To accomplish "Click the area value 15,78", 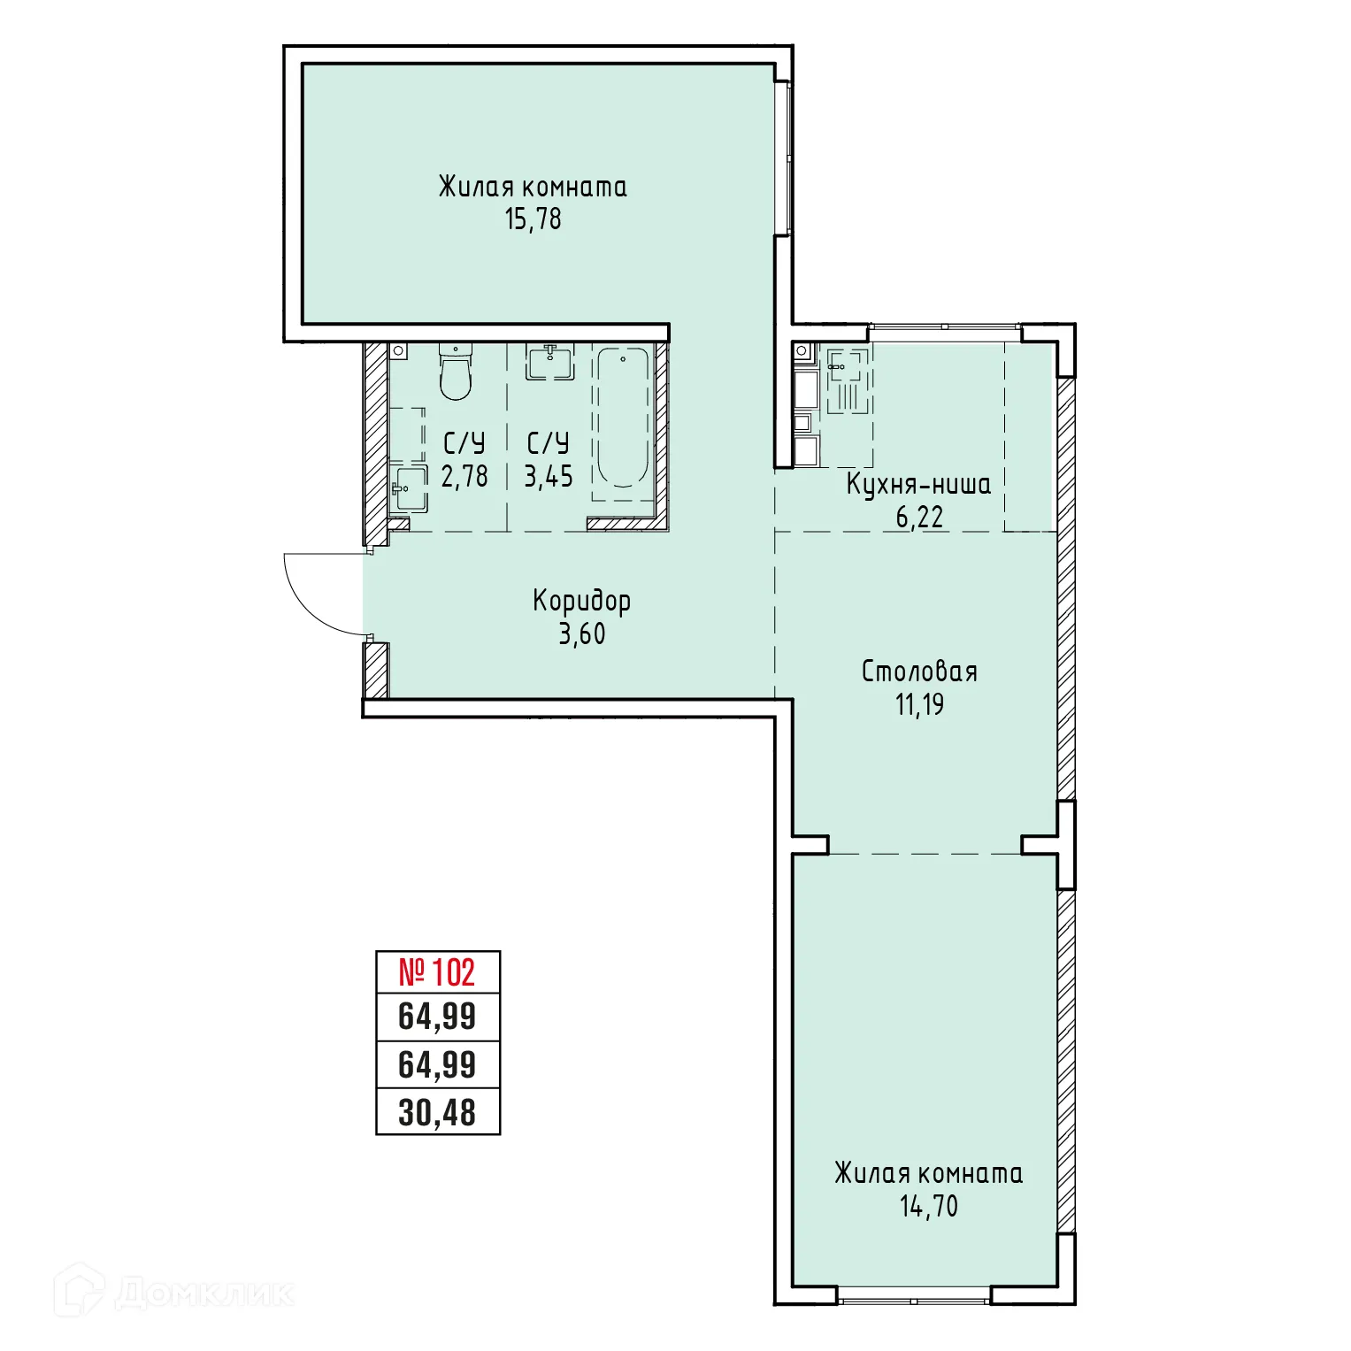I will click(533, 219).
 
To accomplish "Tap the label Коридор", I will click(581, 601).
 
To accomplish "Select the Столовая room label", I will click(919, 672).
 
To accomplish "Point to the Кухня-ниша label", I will click(918, 484).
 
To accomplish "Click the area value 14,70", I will click(928, 1206).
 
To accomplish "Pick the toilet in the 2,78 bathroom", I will click(456, 375).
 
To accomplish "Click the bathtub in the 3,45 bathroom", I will click(623, 417).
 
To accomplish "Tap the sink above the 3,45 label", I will click(549, 362).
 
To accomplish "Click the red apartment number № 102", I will click(437, 972).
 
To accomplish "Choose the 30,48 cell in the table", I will click(437, 1112).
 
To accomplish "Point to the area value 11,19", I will click(919, 704).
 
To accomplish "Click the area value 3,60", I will click(581, 633).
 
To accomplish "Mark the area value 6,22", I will click(919, 517).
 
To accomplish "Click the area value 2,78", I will click(464, 476).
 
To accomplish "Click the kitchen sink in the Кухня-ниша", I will click(844, 365).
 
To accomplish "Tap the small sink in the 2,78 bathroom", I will click(410, 489).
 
